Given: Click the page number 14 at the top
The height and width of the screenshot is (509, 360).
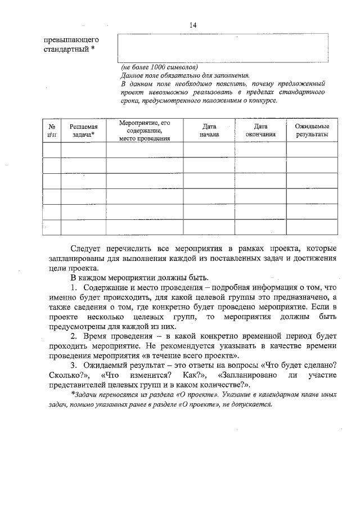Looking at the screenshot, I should click(193, 25).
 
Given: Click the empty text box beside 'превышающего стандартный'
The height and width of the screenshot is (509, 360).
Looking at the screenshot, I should click(223, 48).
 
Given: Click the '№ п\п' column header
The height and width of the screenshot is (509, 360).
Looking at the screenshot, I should click(52, 131).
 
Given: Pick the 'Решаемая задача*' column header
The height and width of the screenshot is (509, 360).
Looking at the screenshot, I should click(83, 131).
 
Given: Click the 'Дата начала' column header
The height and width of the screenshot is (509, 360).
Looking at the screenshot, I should click(209, 131).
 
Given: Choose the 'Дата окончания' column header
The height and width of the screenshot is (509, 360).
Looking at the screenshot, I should click(260, 131).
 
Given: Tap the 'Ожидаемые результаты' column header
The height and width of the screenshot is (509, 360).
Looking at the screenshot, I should click(312, 131).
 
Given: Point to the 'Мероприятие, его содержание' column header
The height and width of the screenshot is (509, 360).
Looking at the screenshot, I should click(145, 130).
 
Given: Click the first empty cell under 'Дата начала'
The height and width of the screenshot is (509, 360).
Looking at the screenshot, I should click(209, 150).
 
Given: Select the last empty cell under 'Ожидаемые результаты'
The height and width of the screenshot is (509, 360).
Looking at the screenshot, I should click(312, 227).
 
